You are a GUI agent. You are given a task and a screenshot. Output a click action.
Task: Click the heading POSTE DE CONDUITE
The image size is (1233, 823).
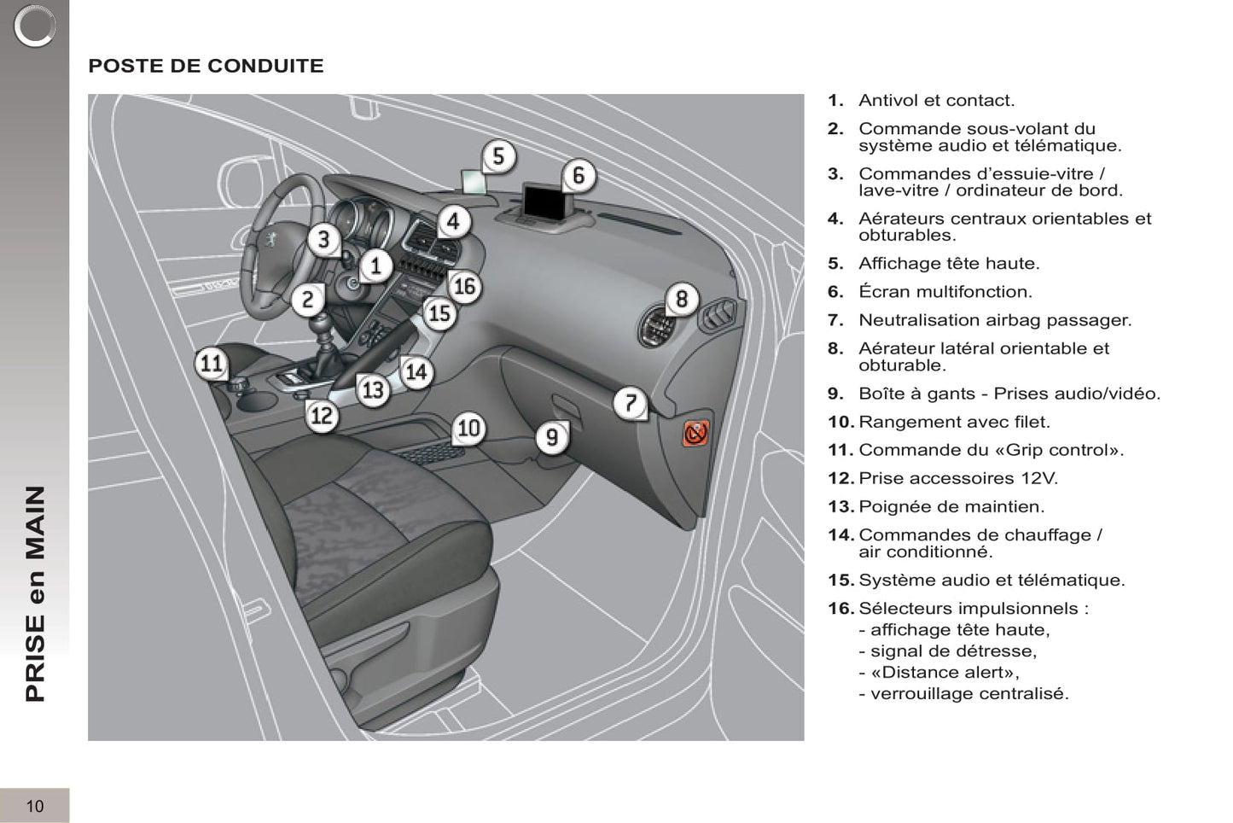(206, 66)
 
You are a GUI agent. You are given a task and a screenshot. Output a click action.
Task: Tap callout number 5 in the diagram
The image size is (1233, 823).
(498, 156)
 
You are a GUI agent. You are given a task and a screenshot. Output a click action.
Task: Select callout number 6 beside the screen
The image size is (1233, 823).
(579, 175)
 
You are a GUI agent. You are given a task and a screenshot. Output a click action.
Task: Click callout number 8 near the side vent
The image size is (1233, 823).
(681, 299)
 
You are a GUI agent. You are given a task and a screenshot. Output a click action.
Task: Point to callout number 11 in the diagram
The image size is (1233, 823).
(211, 364)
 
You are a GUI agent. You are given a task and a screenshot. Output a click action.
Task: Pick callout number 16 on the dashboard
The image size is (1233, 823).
(464, 286)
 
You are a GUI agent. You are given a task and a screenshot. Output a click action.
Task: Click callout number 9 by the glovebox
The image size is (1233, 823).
(552, 437)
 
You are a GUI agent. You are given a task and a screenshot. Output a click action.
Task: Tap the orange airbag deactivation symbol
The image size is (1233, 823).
(695, 433)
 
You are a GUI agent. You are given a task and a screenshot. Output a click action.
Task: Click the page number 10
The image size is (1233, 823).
(35, 806)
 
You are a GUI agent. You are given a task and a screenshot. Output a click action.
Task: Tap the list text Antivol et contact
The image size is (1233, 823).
(936, 101)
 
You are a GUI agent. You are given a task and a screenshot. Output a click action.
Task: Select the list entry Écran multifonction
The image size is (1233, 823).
(945, 292)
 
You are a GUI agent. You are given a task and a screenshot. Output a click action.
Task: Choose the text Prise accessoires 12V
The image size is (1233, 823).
(957, 478)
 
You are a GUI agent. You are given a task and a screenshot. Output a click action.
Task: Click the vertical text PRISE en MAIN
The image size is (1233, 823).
(35, 593)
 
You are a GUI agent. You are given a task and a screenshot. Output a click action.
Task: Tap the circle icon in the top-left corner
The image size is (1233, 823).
(34, 26)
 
